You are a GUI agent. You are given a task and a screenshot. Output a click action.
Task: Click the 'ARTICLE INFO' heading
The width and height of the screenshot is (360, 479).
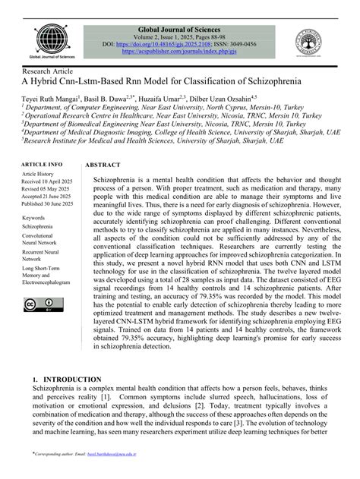(42, 165)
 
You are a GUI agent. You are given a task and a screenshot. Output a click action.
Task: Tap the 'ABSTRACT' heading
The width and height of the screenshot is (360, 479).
(103, 165)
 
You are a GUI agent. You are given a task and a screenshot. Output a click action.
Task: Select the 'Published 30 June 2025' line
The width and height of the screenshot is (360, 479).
(48, 203)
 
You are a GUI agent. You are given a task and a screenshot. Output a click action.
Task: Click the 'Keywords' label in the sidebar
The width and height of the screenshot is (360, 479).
(33, 218)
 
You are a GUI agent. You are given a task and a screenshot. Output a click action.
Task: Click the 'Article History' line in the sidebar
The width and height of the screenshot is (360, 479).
(38, 174)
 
